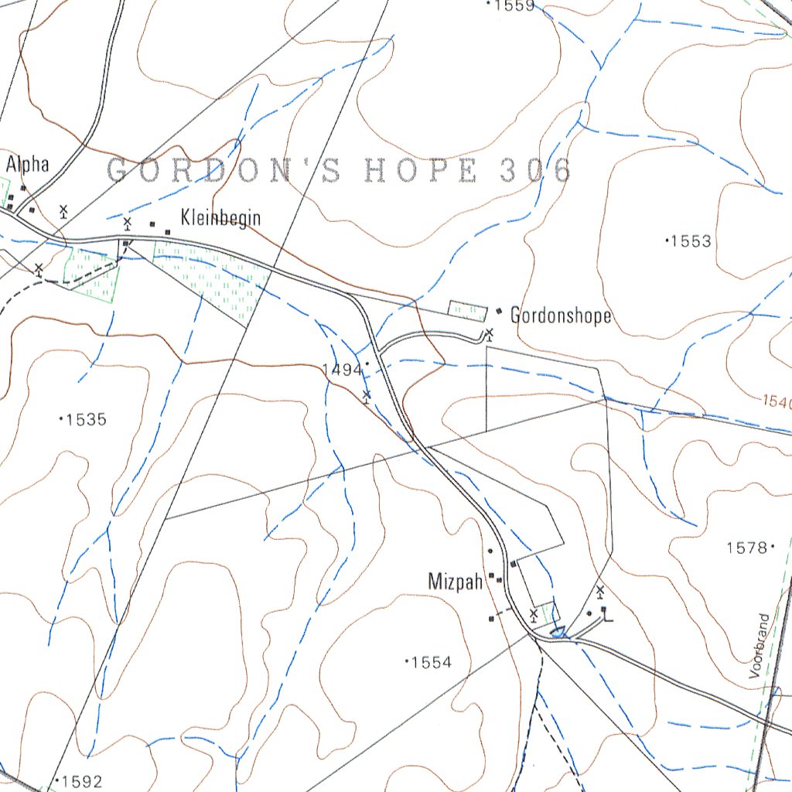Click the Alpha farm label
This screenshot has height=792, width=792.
coord(28,164)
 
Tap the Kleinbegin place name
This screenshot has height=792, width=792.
coord(220,218)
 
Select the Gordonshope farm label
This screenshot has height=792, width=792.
coord(561,316)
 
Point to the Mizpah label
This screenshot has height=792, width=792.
coord(456,581)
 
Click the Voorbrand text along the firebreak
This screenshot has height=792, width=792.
coord(763,647)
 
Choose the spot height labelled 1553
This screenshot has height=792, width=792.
coord(691,241)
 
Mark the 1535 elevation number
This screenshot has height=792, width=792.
coord(86,420)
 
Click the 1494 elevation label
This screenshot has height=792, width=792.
coord(343,370)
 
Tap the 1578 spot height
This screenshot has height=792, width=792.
coord(746,548)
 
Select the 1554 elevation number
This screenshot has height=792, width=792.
coord(431,662)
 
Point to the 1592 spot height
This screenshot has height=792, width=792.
coord(82,781)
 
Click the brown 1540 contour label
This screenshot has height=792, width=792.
coord(777,402)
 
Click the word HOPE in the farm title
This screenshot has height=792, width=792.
coord(420,170)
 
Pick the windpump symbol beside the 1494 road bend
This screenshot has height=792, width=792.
coord(367,396)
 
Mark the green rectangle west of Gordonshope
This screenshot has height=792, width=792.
coord(468,310)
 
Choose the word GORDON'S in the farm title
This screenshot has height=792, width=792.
coord(223,170)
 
